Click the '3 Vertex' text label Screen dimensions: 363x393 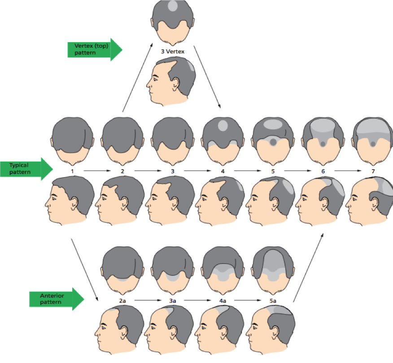pos(173,52)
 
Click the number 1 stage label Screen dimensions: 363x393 pos(72,171)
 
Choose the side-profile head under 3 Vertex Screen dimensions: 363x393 pos(173,81)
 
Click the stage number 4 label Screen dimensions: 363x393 pos(223,171)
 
